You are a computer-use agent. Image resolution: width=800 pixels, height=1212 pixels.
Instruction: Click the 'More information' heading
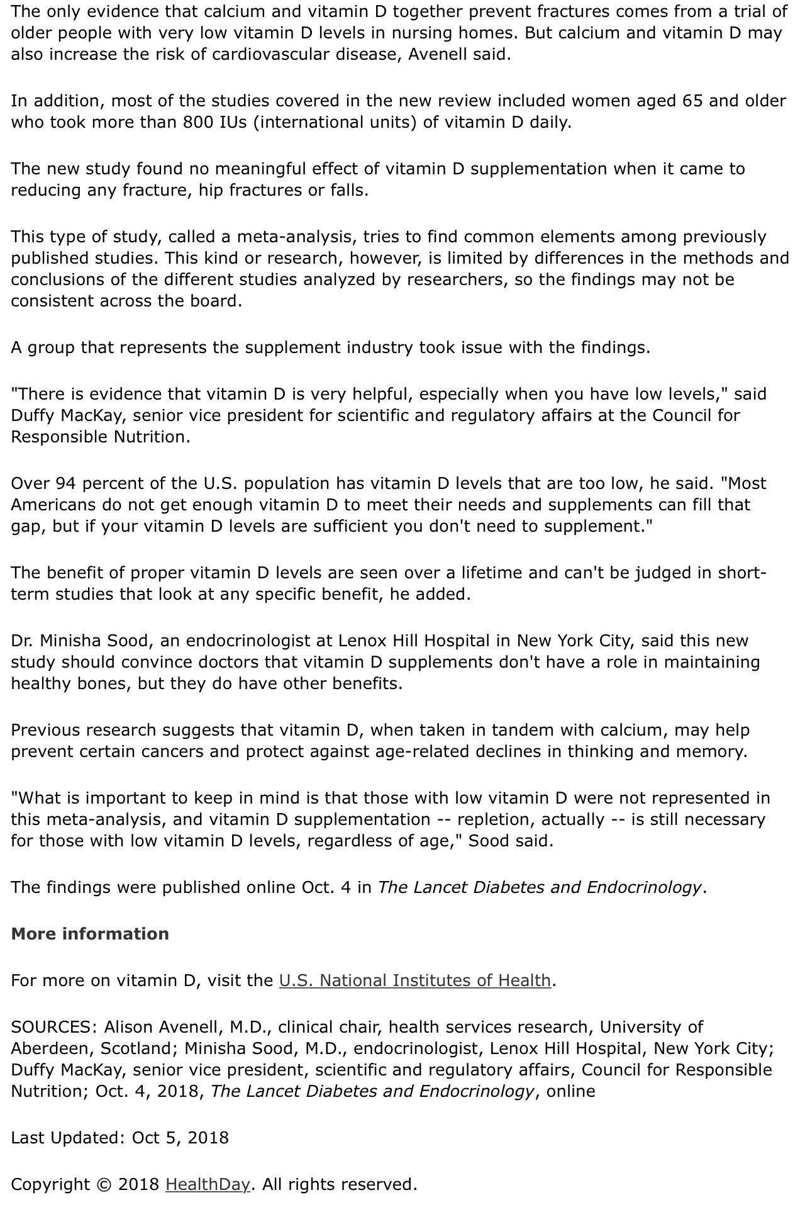90,934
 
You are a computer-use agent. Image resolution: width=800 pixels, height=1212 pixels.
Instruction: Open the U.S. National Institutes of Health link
414,980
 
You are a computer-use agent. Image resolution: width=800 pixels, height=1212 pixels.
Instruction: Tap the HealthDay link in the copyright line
208,1184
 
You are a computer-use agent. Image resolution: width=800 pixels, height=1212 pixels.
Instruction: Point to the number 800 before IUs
199,123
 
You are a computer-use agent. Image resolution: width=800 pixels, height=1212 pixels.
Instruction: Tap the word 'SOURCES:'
54,1027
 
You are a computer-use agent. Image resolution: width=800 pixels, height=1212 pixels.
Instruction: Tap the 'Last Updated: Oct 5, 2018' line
119,1138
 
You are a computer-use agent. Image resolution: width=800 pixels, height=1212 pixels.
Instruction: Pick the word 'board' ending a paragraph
211,301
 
